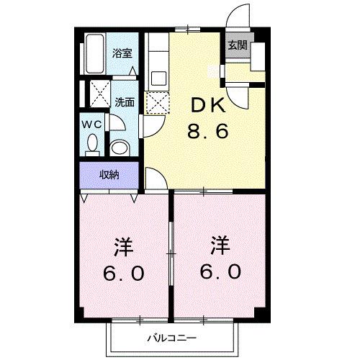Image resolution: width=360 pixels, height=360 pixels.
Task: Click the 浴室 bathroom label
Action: pos(122,53)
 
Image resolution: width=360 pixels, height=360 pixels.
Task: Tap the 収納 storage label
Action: pos(109,174)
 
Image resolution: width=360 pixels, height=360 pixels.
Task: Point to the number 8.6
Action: pos(207,132)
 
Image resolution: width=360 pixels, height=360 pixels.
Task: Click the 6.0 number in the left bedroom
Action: pos(124,273)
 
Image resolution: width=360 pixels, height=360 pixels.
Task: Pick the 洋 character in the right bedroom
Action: pos(220,246)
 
